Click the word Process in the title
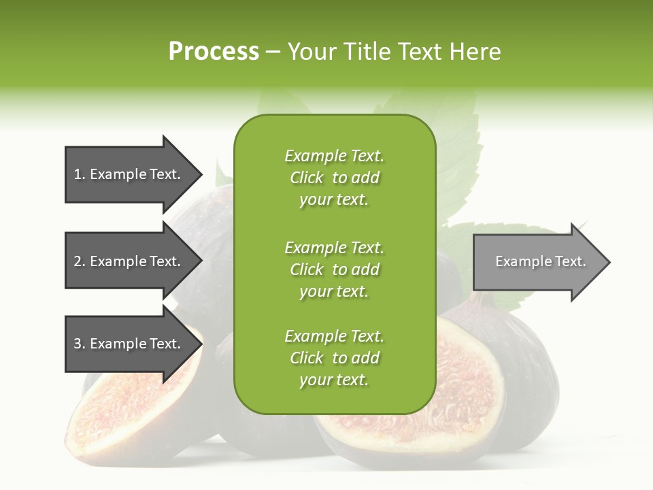[x=214, y=52]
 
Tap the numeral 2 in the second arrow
[x=78, y=261]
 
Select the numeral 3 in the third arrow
[x=78, y=344]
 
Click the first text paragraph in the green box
[x=334, y=178]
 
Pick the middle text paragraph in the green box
[x=334, y=269]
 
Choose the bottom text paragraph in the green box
[x=334, y=358]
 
